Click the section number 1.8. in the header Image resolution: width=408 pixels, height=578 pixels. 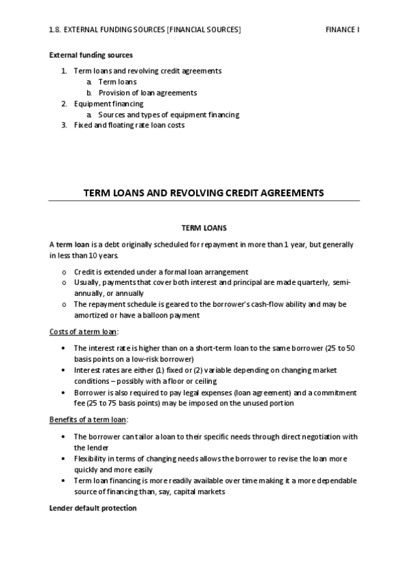(x=55, y=30)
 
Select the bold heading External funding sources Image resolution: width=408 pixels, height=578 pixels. (x=91, y=55)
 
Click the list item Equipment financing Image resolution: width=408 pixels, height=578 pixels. (x=108, y=104)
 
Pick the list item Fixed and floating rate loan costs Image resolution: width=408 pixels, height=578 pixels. (x=129, y=125)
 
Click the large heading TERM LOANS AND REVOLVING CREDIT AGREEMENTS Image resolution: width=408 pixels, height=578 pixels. (x=203, y=193)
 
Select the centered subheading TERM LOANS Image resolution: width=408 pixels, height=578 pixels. (x=204, y=227)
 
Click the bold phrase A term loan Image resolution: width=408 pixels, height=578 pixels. (x=69, y=244)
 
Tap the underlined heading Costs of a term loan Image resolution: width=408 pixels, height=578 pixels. (x=83, y=331)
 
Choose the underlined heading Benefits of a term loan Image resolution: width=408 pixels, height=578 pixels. (x=89, y=419)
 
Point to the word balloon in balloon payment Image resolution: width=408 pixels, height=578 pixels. (x=154, y=316)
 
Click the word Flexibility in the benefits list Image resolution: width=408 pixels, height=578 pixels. (x=91, y=459)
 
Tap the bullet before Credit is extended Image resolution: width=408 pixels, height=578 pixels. (x=63, y=272)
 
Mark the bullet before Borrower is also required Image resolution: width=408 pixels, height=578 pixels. (x=63, y=393)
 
